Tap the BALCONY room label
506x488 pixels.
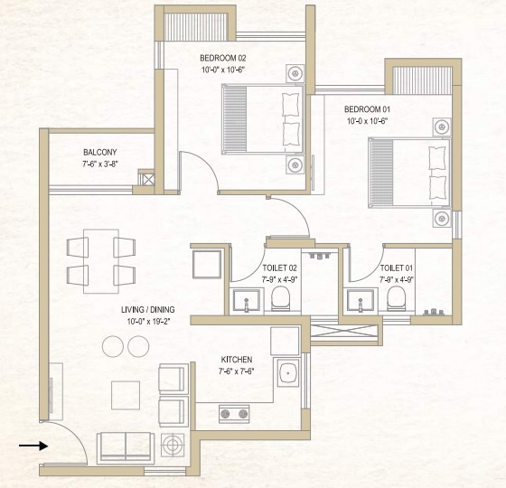point(99,153)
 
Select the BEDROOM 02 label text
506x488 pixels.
point(222,59)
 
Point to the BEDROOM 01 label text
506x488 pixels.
point(366,109)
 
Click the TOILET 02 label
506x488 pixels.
point(280,268)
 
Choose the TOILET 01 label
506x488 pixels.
point(398,268)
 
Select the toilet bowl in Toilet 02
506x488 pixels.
point(281,299)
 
